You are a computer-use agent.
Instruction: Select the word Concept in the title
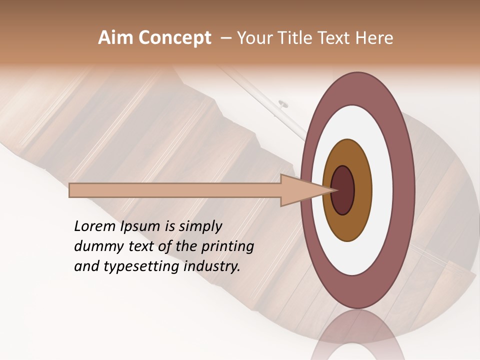pos(174,38)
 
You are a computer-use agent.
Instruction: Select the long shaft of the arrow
pos(175,190)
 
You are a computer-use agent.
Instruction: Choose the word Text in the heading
pos(336,38)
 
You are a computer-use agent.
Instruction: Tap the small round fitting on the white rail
pos(283,104)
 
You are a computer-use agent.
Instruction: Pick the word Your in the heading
pos(253,38)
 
